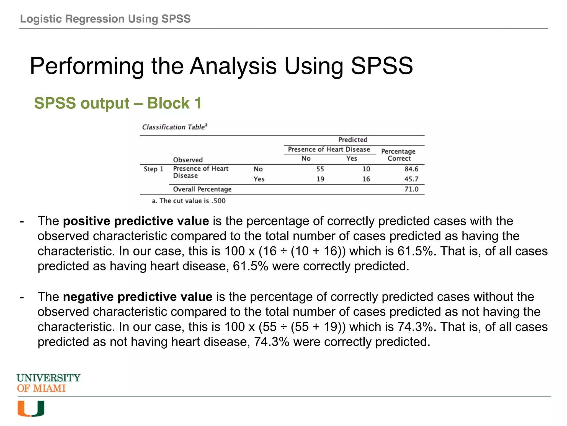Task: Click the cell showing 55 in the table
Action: (x=320, y=169)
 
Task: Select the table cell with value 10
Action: (x=366, y=169)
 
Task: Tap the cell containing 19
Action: (x=320, y=179)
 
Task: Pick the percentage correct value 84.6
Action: (x=411, y=169)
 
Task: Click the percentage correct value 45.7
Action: (x=411, y=179)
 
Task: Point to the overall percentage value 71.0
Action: (x=411, y=189)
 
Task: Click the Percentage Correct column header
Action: (x=398, y=155)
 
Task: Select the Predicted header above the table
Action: (x=353, y=140)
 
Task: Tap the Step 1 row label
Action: (x=153, y=169)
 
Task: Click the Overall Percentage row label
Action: (x=202, y=189)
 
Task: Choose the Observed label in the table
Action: (x=188, y=160)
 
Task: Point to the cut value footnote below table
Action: (x=189, y=201)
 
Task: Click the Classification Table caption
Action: (x=174, y=127)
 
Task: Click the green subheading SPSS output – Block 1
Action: (x=118, y=103)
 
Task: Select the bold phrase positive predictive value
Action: (x=136, y=221)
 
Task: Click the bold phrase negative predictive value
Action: (x=138, y=297)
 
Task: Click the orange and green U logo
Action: (x=31, y=409)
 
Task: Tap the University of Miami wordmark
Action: (x=48, y=383)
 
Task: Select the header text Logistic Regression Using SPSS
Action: (x=105, y=19)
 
